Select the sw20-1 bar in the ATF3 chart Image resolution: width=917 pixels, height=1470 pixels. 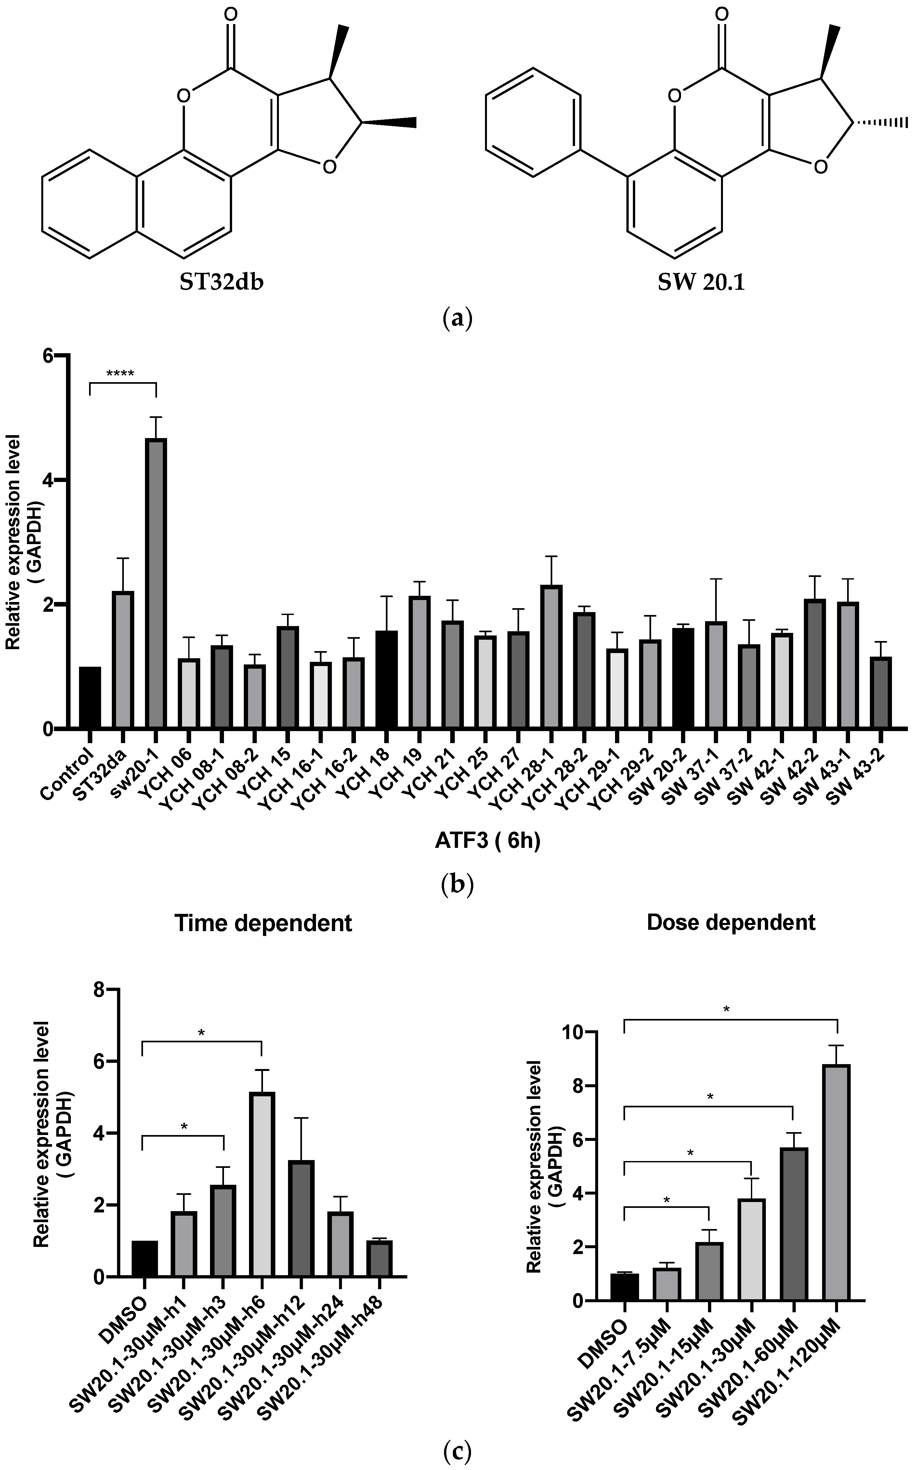coord(156,582)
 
